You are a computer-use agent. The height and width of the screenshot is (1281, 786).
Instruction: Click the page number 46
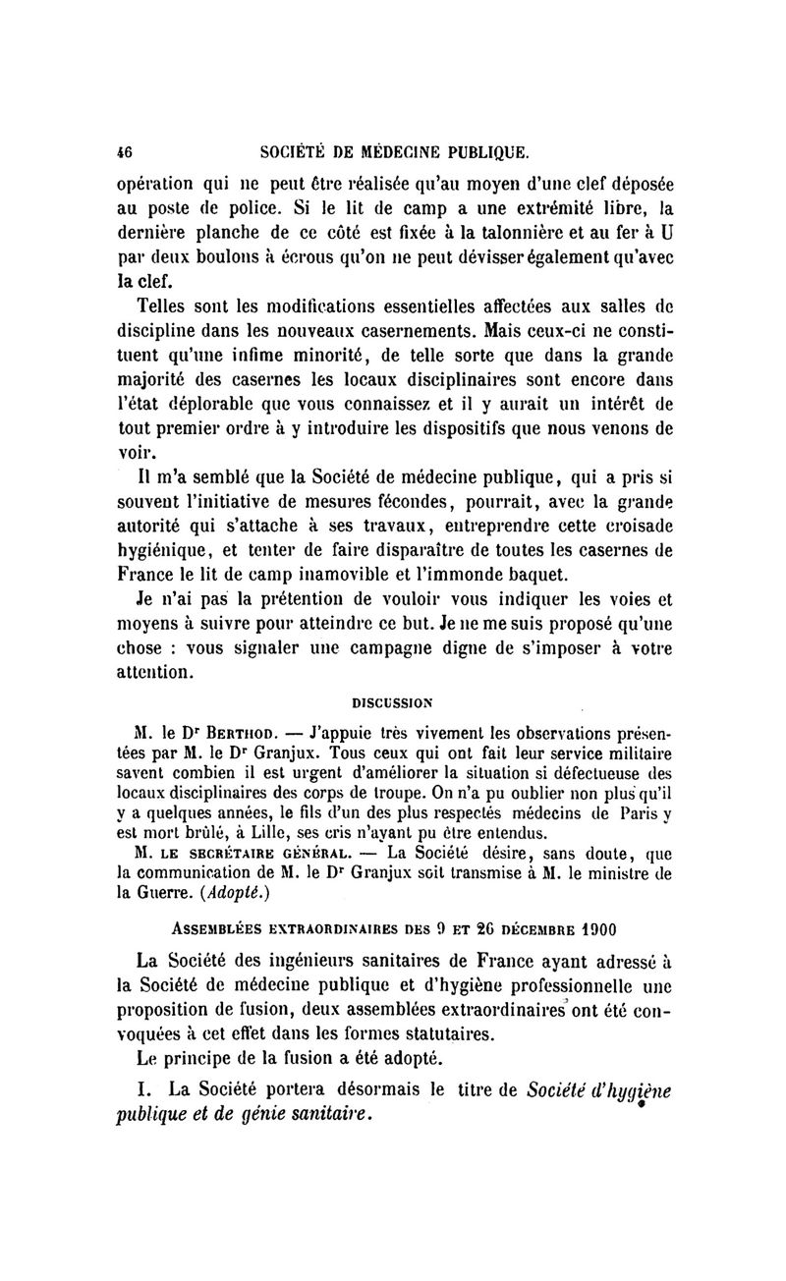coord(124,152)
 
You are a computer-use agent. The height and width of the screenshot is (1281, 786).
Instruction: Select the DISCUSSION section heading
coord(393,702)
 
